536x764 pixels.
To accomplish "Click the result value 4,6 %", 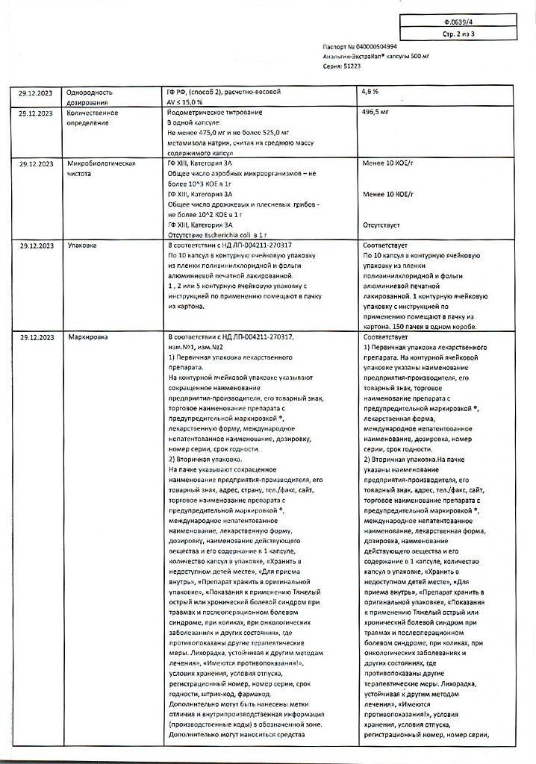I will [370, 92].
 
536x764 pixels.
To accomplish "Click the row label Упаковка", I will [82, 245].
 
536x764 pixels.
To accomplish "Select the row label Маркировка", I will [87, 337].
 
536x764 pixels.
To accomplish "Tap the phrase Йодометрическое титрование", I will [214, 112].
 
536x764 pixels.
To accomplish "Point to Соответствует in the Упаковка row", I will [384, 245].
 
